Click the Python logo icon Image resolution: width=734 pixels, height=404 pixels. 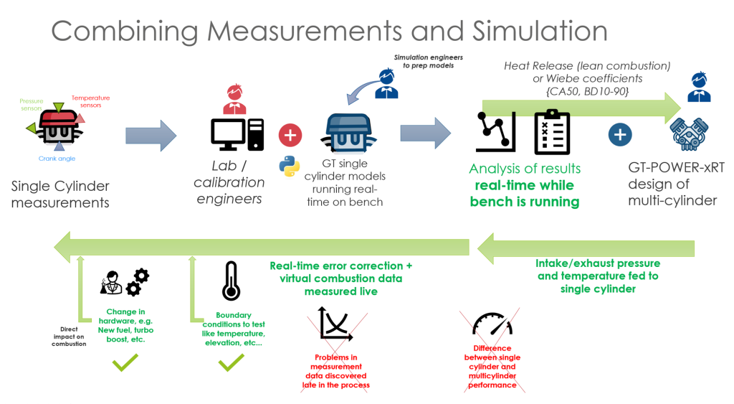[x=290, y=166]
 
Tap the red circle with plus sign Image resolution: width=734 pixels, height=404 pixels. [x=290, y=136]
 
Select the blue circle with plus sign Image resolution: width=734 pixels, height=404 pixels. [x=620, y=135]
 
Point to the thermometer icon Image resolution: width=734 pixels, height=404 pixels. [x=232, y=281]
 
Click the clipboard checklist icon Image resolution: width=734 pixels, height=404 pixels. [x=553, y=132]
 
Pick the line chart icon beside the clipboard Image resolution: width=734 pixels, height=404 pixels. [x=496, y=132]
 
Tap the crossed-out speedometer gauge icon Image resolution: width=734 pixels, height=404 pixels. [x=492, y=324]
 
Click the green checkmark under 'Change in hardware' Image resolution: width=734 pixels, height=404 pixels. [x=125, y=362]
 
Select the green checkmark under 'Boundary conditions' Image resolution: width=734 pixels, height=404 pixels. [x=232, y=362]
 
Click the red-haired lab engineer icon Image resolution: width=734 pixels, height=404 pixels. [x=234, y=99]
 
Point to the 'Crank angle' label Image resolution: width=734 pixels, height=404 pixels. [x=57, y=159]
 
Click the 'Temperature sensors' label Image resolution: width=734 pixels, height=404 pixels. [x=90, y=101]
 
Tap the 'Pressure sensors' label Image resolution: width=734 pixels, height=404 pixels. [x=32, y=105]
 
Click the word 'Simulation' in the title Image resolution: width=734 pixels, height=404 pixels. [x=540, y=32]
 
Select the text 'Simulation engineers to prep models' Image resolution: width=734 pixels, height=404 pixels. [x=429, y=62]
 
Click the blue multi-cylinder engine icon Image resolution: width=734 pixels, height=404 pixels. [x=689, y=134]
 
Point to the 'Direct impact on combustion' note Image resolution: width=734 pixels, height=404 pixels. [x=69, y=337]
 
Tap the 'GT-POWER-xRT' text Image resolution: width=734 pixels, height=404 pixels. [x=677, y=167]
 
